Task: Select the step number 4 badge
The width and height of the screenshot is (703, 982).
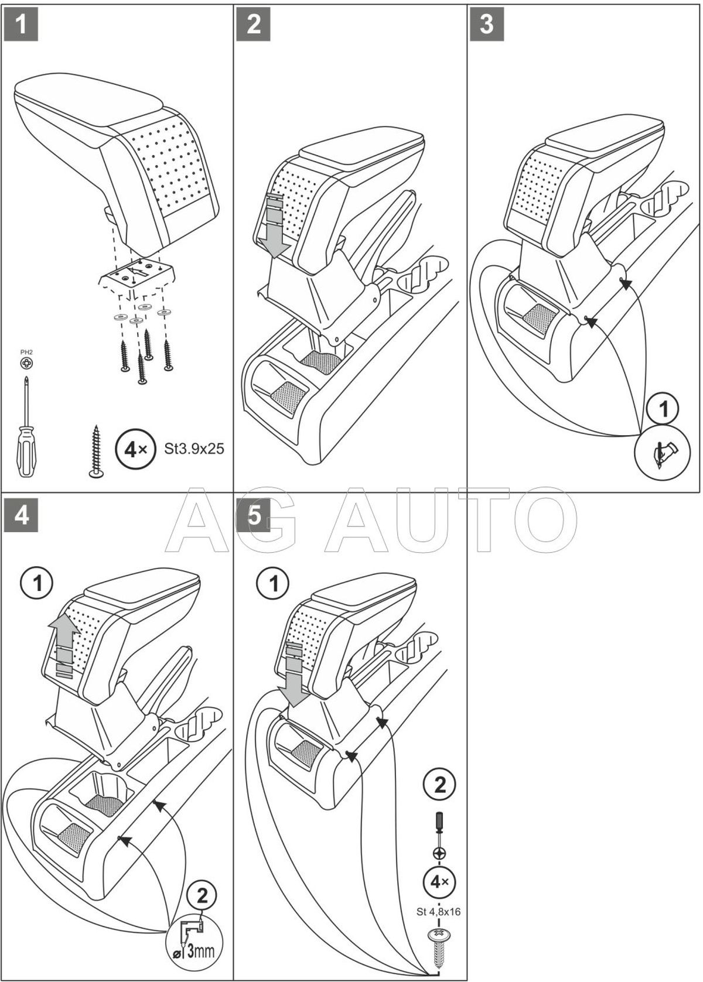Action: pyautogui.click(x=21, y=517)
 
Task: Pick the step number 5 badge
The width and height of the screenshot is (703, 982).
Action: pyautogui.click(x=254, y=517)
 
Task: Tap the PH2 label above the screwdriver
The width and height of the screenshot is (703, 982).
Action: pyautogui.click(x=26, y=353)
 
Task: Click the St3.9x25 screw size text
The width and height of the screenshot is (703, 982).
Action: pyautogui.click(x=194, y=449)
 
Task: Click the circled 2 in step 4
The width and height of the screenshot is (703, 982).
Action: pyautogui.click(x=202, y=895)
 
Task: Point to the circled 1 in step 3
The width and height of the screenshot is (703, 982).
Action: pyautogui.click(x=664, y=409)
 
